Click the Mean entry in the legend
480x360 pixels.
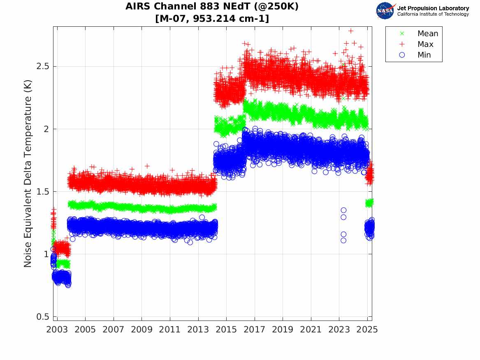pos(428,34)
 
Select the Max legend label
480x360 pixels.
pos(425,44)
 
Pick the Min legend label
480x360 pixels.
pos(424,55)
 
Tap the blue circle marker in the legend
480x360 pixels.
pos(402,55)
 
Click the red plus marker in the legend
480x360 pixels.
pos(402,44)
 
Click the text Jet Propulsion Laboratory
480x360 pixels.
pos(433,8)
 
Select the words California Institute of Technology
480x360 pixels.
pos(433,14)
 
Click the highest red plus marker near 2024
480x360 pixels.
pos(351,31)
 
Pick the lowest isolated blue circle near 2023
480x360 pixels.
pos(343,240)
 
